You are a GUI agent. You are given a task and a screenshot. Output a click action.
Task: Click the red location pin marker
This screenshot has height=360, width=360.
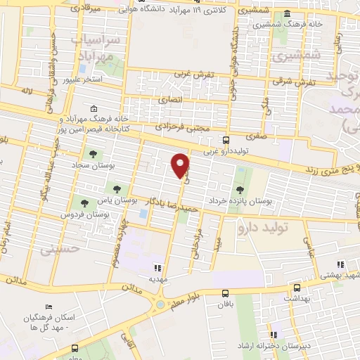tap(181, 166)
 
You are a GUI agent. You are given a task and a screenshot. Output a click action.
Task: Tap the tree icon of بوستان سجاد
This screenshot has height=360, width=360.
tap(91, 154)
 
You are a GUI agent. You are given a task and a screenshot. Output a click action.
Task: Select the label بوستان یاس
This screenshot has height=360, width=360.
tap(127, 200)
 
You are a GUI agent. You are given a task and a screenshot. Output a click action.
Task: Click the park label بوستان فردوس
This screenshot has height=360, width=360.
tap(77, 213)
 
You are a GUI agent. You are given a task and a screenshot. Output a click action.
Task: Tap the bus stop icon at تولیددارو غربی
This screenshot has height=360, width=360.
tap(226, 139)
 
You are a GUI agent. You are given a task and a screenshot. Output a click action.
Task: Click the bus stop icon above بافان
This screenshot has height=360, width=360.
tap(225, 293)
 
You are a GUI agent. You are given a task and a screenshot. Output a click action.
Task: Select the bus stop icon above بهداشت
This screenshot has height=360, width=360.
tap(296, 287)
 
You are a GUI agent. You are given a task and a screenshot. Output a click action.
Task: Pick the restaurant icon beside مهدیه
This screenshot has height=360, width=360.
tap(159, 267)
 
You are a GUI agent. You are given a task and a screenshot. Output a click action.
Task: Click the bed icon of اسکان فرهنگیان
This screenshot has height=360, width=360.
tap(48, 307)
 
